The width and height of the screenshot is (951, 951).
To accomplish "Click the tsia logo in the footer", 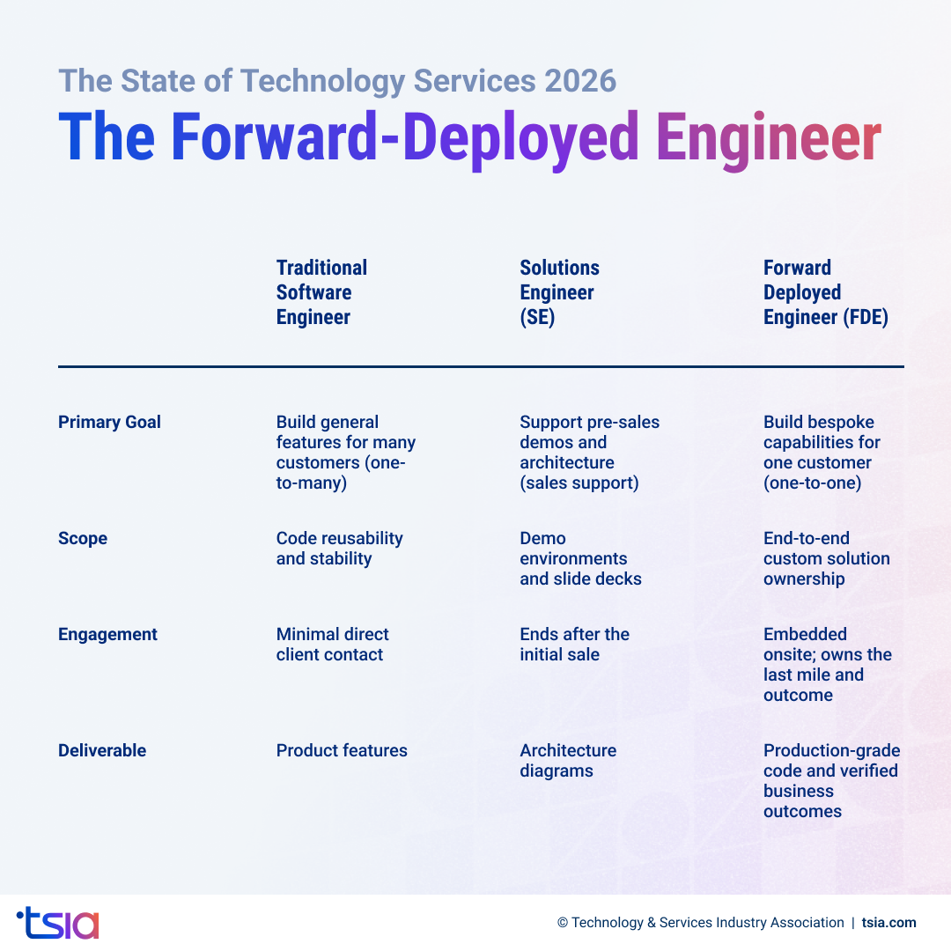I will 58,922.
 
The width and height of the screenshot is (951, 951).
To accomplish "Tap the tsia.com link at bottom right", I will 888,923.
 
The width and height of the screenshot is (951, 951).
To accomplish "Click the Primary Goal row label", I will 109,423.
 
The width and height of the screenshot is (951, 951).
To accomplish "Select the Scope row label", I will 83,539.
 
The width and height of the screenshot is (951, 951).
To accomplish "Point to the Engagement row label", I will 107,635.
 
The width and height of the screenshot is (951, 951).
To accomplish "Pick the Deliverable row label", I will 102,751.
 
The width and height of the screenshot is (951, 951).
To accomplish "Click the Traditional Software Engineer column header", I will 321,292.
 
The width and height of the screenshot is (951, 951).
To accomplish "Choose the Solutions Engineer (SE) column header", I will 559,292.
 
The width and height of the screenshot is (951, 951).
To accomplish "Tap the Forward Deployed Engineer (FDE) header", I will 825,292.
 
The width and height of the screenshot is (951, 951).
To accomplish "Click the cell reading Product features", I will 342,751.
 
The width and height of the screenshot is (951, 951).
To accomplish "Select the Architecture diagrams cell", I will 568,761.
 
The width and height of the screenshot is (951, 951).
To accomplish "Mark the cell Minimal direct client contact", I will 332,645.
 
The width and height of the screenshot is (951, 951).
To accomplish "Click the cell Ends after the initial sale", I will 574,645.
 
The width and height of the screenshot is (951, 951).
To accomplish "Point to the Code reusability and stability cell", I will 339,549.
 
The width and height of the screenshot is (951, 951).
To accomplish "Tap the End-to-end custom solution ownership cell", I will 826,558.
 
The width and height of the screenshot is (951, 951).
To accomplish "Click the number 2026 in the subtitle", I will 579,81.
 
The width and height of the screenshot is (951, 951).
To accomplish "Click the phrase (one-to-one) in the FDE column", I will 812,483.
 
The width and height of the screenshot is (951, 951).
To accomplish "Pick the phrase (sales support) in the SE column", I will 579,483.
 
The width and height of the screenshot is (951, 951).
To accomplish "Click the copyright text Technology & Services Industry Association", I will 707,923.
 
